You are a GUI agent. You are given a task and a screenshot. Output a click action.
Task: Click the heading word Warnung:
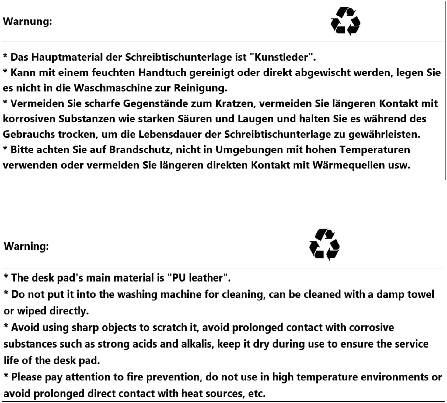(27, 21)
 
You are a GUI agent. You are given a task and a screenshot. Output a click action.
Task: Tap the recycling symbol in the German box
(345, 21)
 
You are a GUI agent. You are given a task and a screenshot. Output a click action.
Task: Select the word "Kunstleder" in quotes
(281, 57)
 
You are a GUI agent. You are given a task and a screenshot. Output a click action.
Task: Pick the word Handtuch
(162, 73)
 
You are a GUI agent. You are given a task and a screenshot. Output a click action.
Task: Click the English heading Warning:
(26, 246)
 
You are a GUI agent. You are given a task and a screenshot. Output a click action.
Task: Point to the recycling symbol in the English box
(324, 244)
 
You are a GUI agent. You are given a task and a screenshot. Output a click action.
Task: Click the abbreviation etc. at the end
(257, 394)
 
